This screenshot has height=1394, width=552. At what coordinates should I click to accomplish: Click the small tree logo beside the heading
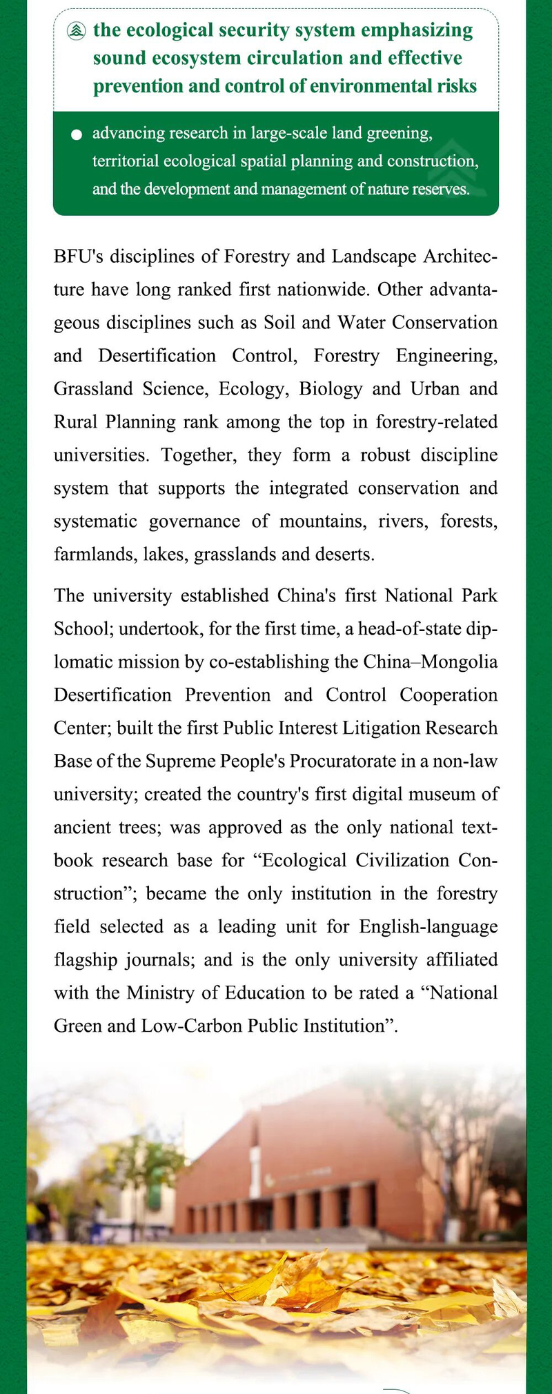click(77, 31)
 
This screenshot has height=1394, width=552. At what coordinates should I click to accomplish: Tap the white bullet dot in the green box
click(77, 135)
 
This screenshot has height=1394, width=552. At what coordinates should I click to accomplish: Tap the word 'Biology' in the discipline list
click(331, 388)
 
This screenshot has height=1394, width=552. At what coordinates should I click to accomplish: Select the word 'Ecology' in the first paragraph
click(250, 388)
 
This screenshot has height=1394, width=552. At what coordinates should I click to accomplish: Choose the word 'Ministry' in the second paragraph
click(156, 993)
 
